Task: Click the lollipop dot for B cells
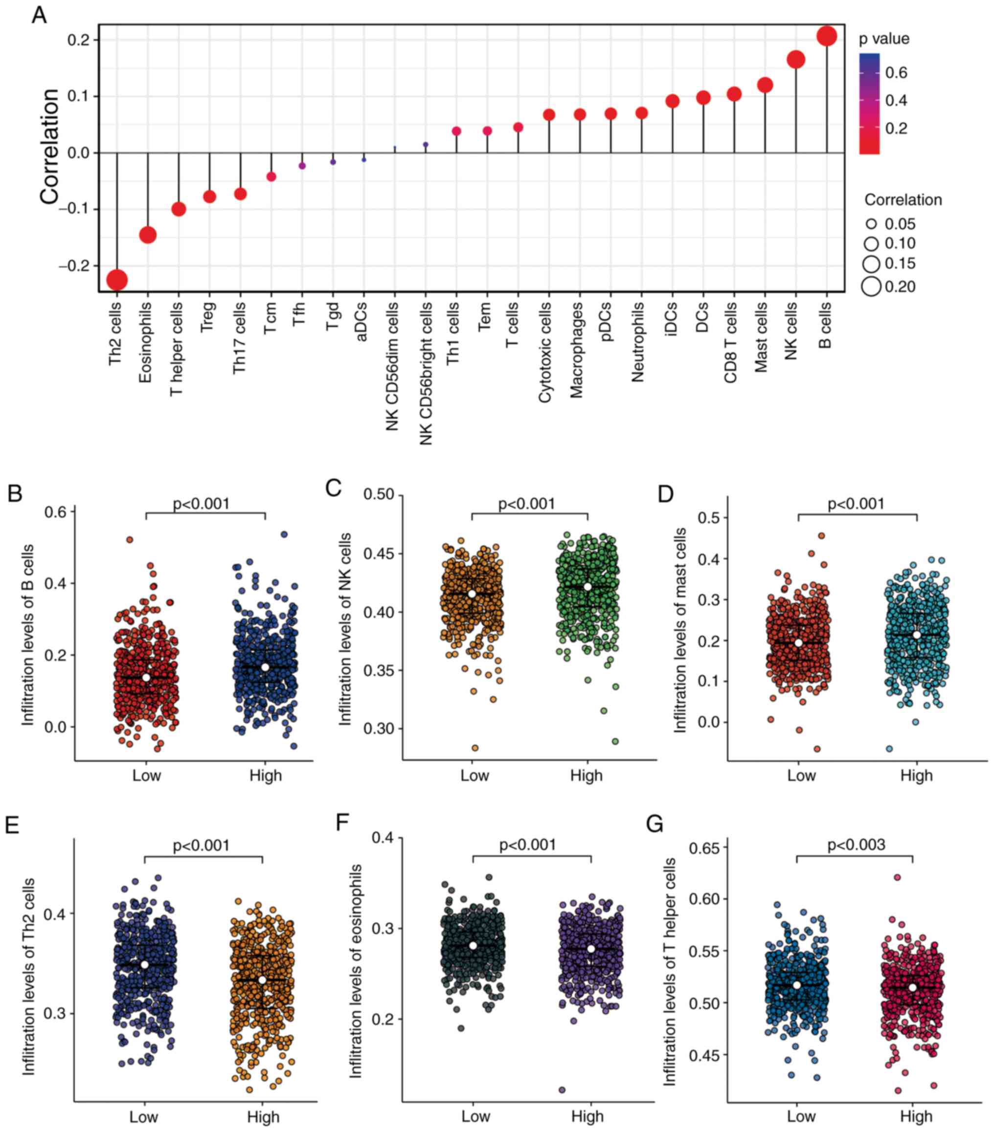(x=826, y=36)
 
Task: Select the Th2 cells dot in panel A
(x=117, y=280)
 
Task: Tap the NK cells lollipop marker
(x=796, y=59)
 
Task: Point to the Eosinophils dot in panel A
(x=148, y=235)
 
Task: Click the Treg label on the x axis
(x=208, y=317)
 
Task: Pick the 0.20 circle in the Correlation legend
(x=871, y=286)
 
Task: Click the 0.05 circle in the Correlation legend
(x=872, y=224)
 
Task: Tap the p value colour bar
(x=869, y=104)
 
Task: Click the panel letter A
(x=39, y=15)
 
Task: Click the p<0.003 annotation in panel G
(x=856, y=845)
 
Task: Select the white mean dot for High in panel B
(x=265, y=667)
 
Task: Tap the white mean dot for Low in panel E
(x=144, y=965)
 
